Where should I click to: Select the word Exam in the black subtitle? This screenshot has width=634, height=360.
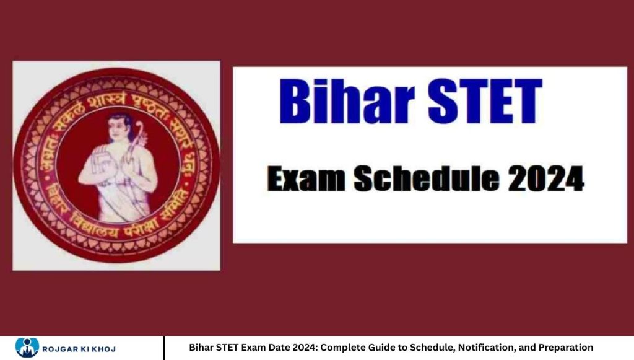point(305,180)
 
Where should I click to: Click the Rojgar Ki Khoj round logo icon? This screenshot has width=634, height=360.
point(27,348)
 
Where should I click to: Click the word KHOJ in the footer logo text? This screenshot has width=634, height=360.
point(102,348)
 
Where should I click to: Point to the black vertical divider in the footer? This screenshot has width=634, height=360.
point(165,348)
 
